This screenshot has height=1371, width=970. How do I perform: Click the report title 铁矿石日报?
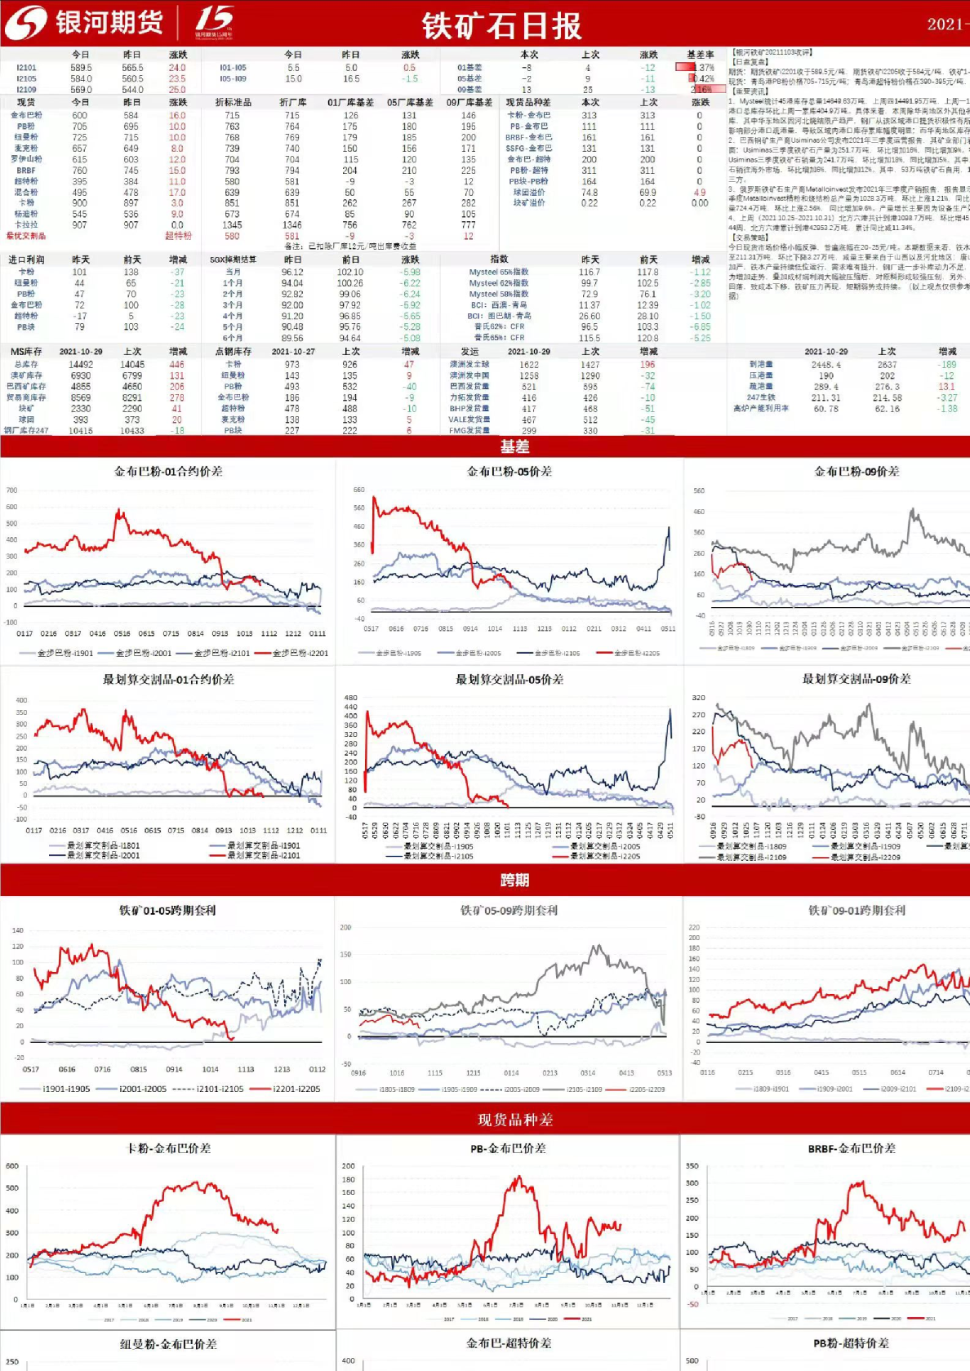501,26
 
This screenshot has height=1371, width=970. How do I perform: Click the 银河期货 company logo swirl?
25,23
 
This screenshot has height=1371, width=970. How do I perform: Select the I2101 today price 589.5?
81,68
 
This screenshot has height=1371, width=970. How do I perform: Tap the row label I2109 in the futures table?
26,90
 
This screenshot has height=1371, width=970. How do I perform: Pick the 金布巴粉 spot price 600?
79,115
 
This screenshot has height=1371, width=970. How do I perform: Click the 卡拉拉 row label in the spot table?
26,224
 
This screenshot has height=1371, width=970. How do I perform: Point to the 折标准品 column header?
233,102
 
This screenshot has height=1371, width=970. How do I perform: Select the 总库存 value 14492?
81,365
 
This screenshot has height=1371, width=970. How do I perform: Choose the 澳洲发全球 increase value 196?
647,365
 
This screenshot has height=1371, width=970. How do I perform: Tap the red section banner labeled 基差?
514,446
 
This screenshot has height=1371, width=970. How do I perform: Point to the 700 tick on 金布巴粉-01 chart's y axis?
11,490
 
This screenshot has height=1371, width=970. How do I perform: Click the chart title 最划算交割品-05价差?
509,679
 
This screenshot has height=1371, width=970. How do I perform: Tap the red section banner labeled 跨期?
514,880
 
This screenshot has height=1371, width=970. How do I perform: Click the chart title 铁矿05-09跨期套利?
509,910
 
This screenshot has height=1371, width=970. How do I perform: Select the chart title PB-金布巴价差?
508,1148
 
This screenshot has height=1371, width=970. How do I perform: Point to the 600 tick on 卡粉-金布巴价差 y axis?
11,1165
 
